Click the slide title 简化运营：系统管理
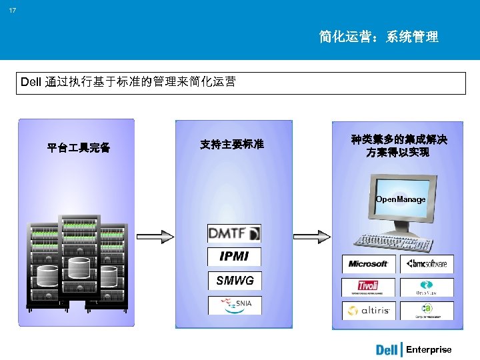coord(379,37)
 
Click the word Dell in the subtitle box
coord(31,83)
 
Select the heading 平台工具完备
coord(79,147)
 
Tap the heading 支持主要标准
coord(232,144)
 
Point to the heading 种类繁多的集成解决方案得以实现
coord(399,146)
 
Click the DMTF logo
coord(234,233)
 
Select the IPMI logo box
coord(234,257)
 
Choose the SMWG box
coord(234,281)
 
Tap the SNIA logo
coord(234,305)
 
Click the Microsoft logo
coord(368,264)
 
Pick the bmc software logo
coord(427,264)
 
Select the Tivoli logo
coord(368,287)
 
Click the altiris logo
coord(368,311)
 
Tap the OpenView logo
coord(427,287)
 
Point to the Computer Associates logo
coord(427,311)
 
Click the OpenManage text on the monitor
coord(400,199)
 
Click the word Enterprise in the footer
coord(429,349)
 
